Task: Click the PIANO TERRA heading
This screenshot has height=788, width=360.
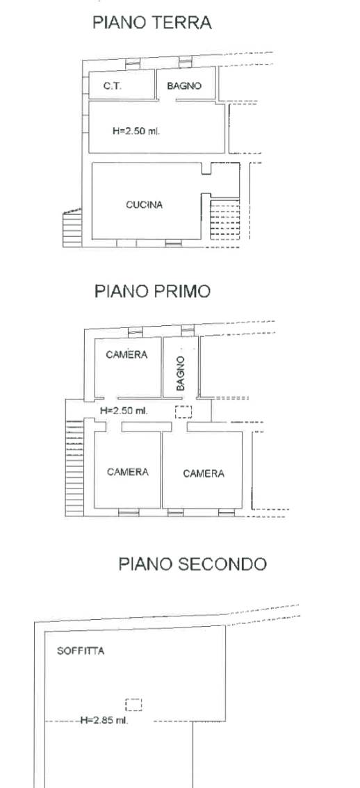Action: (152, 23)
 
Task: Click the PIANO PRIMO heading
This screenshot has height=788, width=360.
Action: (152, 291)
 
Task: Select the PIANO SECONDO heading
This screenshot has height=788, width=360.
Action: (193, 564)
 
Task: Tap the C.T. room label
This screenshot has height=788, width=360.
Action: (113, 86)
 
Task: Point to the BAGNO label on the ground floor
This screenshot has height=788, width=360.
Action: (184, 86)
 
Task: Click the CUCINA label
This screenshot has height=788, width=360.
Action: (145, 204)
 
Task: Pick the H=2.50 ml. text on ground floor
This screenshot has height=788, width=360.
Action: (136, 131)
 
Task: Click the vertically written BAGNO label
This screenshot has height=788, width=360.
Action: (181, 373)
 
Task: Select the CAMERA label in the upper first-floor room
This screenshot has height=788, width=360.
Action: (126, 355)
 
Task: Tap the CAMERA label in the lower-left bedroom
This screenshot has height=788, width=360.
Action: (128, 472)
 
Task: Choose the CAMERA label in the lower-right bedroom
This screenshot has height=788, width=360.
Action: (204, 473)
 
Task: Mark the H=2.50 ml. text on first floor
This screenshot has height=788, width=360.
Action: (124, 411)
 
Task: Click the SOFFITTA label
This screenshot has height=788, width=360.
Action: (81, 651)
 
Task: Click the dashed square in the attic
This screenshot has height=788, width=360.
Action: (133, 705)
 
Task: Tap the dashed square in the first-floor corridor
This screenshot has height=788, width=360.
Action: (183, 411)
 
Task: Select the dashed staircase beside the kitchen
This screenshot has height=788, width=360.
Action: (224, 220)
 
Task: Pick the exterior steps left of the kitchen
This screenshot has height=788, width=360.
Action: (72, 229)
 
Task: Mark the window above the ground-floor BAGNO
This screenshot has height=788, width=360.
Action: (186, 63)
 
